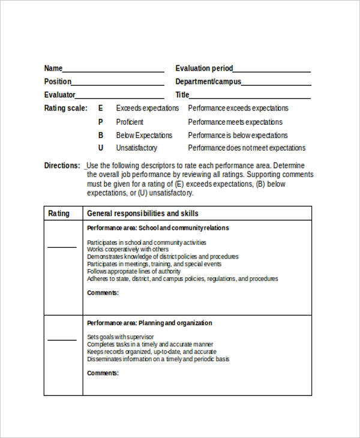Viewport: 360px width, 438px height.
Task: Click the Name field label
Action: coord(53,68)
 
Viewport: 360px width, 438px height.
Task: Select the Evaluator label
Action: coord(59,95)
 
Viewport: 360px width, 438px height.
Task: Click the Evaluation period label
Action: coord(204,68)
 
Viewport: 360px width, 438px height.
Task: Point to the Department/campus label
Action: coord(208,82)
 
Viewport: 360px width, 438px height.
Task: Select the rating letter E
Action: coord(101,108)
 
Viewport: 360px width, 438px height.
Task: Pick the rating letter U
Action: coord(101,148)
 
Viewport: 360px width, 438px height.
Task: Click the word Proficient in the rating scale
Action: coord(130,122)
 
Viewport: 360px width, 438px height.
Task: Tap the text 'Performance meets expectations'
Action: coord(235,122)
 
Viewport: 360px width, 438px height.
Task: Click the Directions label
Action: coord(62,166)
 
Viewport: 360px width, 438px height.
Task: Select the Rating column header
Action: coord(59,214)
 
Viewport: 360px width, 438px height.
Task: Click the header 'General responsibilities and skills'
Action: coord(143,214)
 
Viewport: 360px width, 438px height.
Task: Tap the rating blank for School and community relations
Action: coord(62,246)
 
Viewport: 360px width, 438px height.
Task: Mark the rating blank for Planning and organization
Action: coord(62,339)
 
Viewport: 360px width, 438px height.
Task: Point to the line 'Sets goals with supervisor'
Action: coord(120,337)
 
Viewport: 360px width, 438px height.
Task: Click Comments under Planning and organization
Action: coord(103,373)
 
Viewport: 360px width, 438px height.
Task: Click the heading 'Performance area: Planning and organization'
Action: coord(149,323)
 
